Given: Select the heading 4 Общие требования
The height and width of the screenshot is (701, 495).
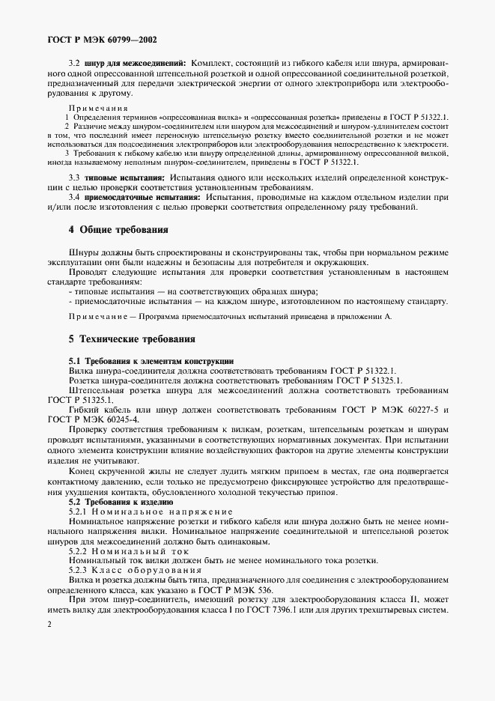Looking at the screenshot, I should (x=118, y=228).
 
